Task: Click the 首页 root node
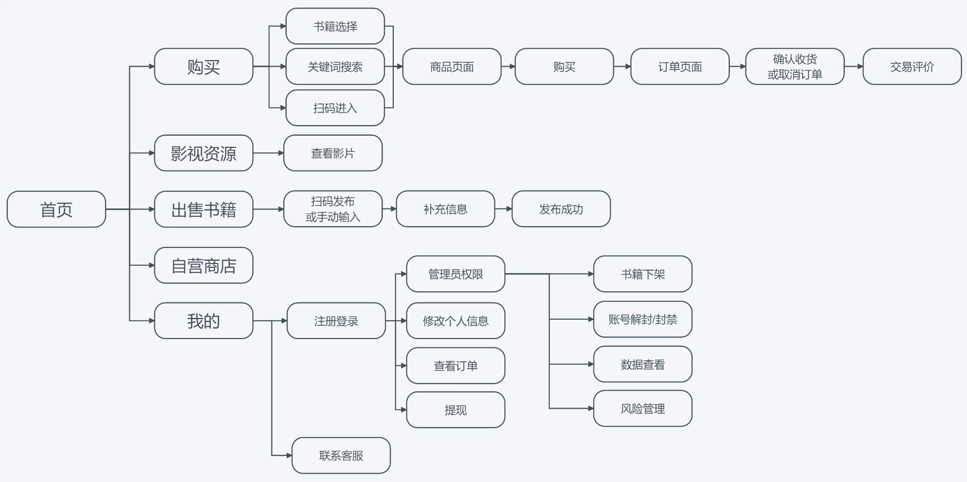(x=56, y=209)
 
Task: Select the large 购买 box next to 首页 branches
(x=203, y=67)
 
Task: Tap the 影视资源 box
(x=203, y=153)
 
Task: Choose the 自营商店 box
(x=203, y=265)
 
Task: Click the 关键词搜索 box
(x=335, y=67)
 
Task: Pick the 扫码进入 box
(x=335, y=108)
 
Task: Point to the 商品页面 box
(x=452, y=67)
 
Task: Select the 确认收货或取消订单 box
(x=795, y=67)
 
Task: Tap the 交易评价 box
(x=912, y=67)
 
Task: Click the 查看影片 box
(x=333, y=153)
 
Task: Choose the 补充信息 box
(x=445, y=209)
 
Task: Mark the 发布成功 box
(x=561, y=209)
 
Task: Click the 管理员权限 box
(x=455, y=274)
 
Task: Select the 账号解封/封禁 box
(x=643, y=319)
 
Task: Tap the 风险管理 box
(x=643, y=409)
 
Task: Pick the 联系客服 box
(x=341, y=455)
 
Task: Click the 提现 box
(x=455, y=410)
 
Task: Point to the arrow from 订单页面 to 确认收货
(x=738, y=67)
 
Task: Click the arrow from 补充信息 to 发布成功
(x=503, y=209)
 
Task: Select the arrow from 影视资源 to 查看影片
(x=268, y=153)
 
